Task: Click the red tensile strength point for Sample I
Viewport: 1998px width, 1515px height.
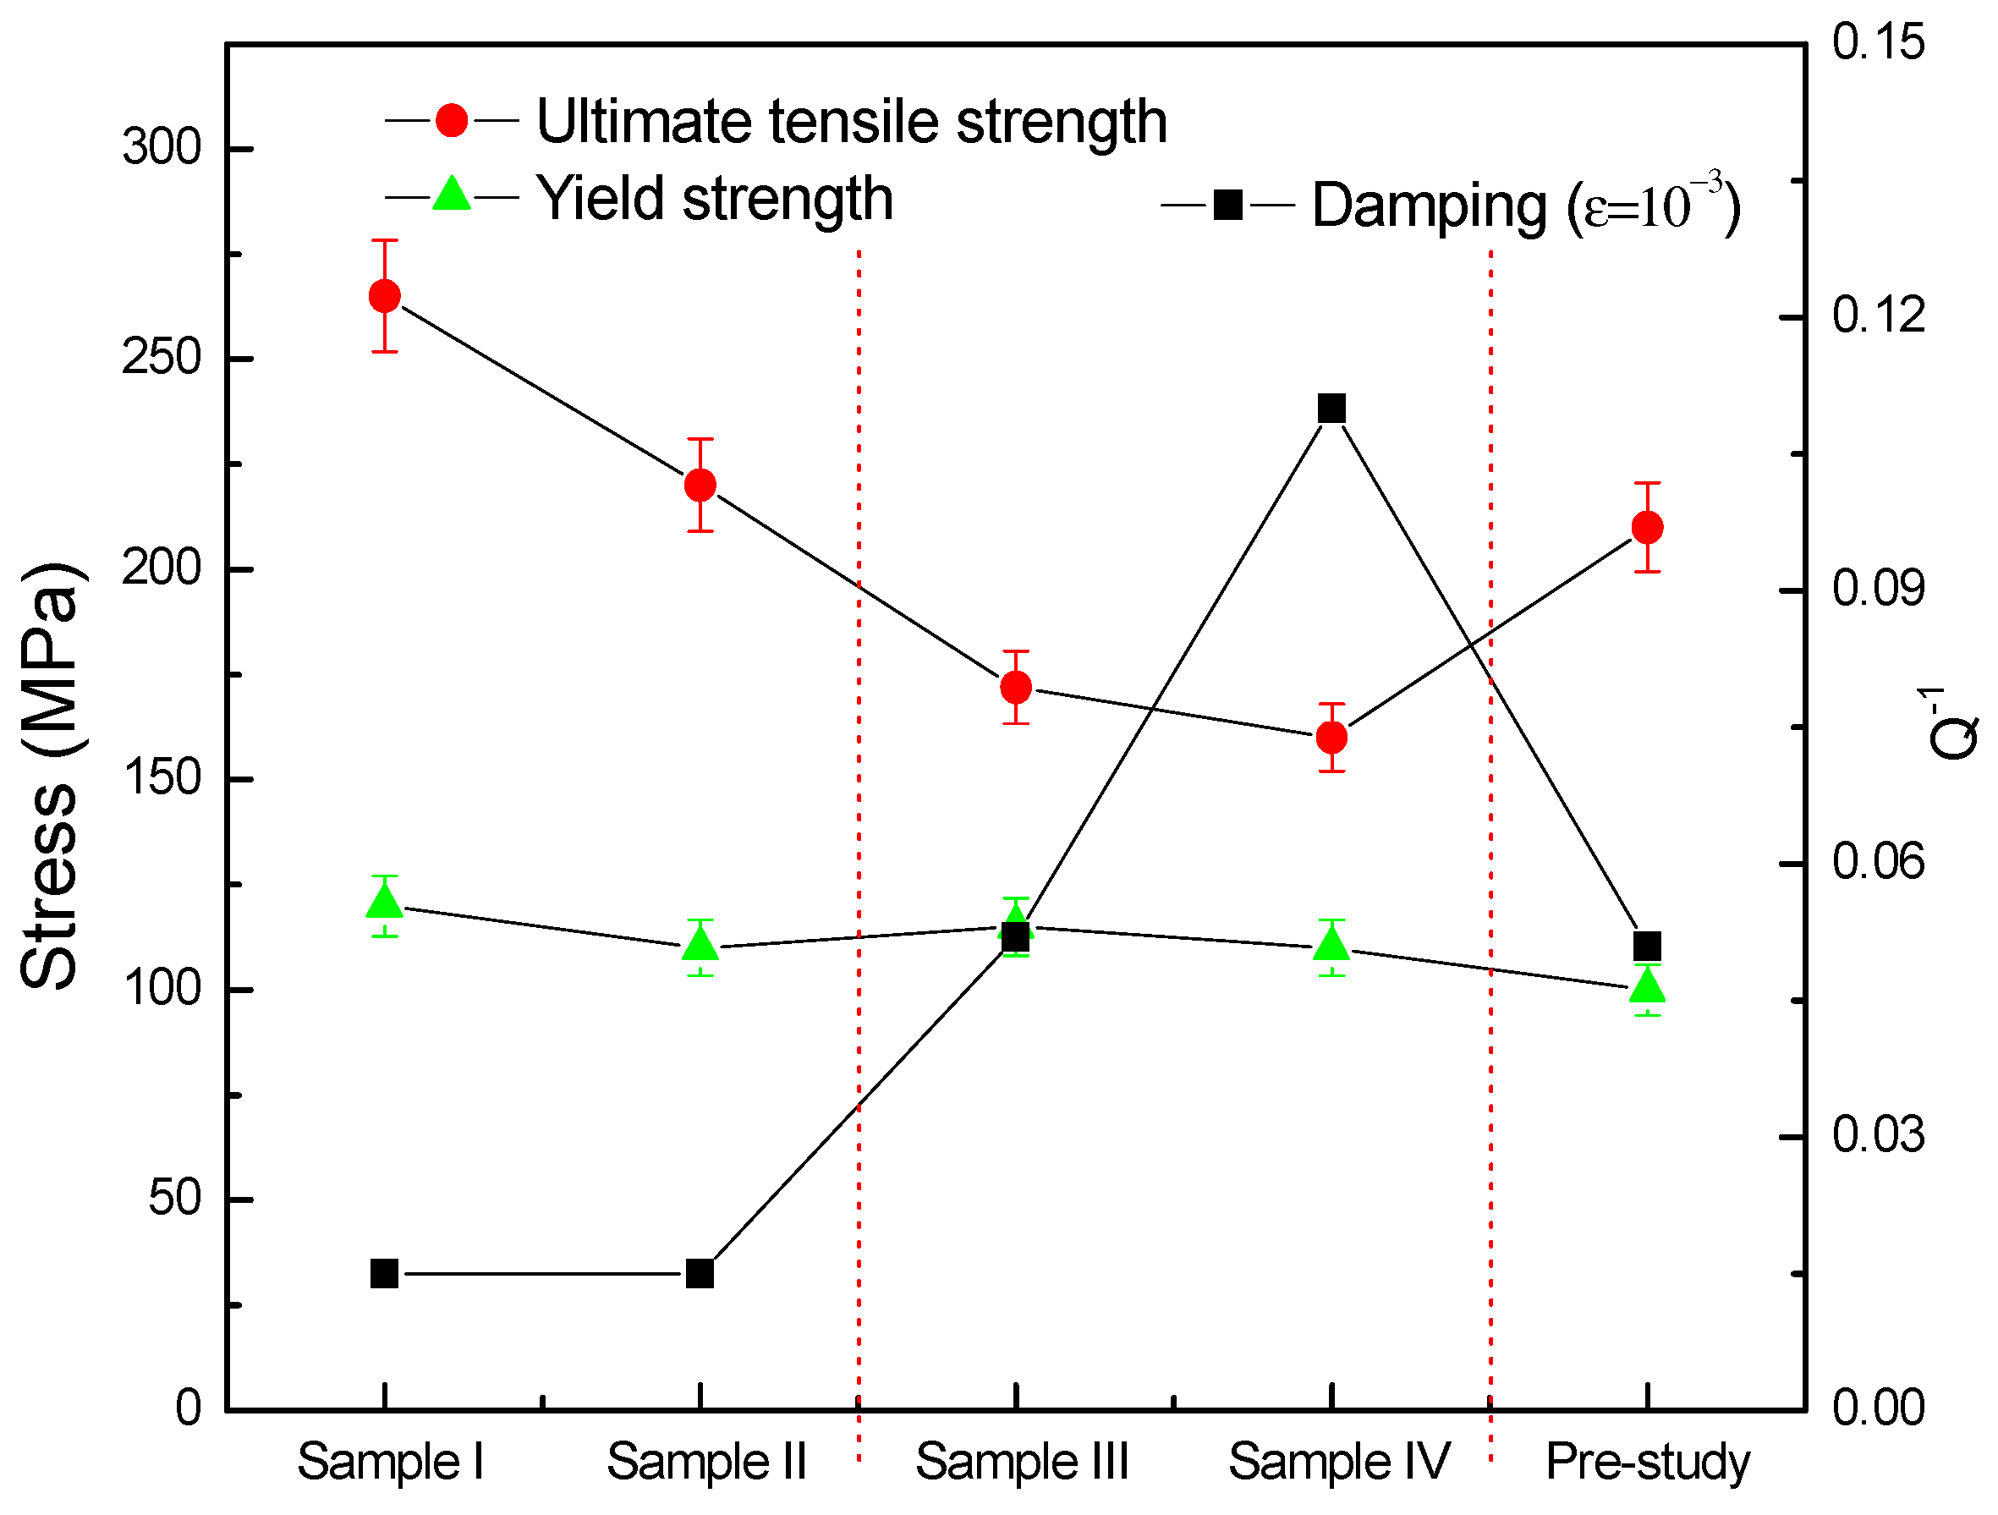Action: click(x=385, y=296)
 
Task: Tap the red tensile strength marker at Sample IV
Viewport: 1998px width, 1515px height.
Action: click(x=1331, y=737)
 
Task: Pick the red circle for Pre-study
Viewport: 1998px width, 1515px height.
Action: click(x=1648, y=528)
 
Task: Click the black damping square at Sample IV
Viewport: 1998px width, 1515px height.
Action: click(x=1331, y=409)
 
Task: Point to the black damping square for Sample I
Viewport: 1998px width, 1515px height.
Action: click(x=385, y=1274)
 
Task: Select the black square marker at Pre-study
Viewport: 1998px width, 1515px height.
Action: click(x=1648, y=947)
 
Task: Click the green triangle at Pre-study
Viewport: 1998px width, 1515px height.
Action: click(x=1648, y=986)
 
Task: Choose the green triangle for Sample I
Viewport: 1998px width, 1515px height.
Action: click(x=385, y=902)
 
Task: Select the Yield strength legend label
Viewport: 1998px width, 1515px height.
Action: click(x=714, y=199)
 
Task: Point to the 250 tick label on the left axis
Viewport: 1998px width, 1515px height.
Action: click(x=161, y=359)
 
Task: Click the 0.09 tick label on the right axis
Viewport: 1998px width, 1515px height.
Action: click(x=1878, y=589)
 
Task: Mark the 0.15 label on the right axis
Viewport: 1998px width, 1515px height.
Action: click(x=1878, y=43)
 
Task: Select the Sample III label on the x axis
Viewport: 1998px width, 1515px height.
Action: click(x=1022, y=1462)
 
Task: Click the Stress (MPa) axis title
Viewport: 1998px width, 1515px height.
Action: click(x=52, y=777)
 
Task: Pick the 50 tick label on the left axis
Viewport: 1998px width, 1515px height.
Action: click(x=174, y=1199)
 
